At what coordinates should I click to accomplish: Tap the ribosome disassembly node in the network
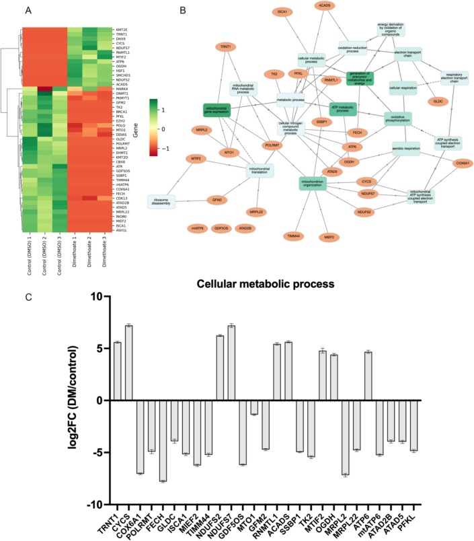(x=161, y=201)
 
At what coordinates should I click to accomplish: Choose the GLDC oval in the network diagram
(x=438, y=101)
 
